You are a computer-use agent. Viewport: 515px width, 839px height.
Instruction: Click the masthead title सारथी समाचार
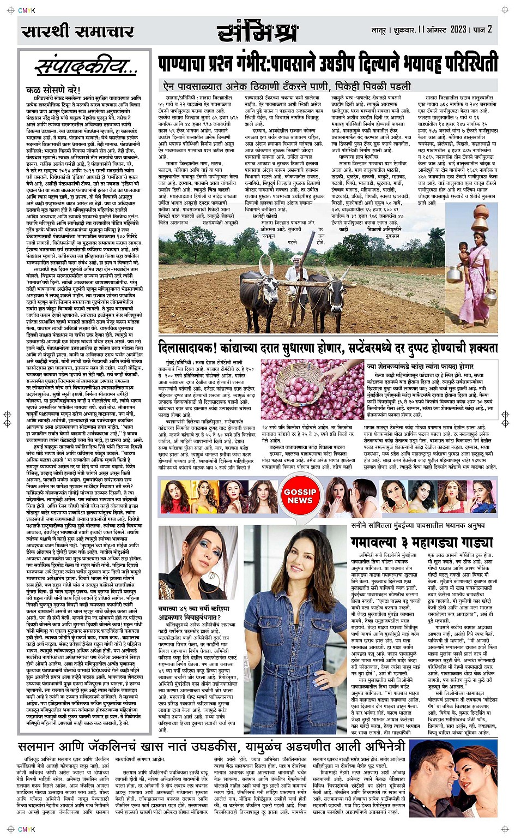pyautogui.click(x=77, y=31)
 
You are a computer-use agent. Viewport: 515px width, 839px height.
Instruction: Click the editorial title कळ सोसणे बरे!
pyautogui.click(x=53, y=89)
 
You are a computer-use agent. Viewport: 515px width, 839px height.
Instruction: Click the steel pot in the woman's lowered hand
pyautogui.click(x=488, y=298)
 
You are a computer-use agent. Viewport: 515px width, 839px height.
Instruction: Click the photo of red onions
pyautogui.click(x=311, y=389)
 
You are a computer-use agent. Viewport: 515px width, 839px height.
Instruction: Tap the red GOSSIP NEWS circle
pyautogui.click(x=300, y=496)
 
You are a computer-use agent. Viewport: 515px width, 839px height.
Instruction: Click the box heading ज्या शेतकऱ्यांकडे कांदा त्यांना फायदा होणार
pyautogui.click(x=420, y=366)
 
